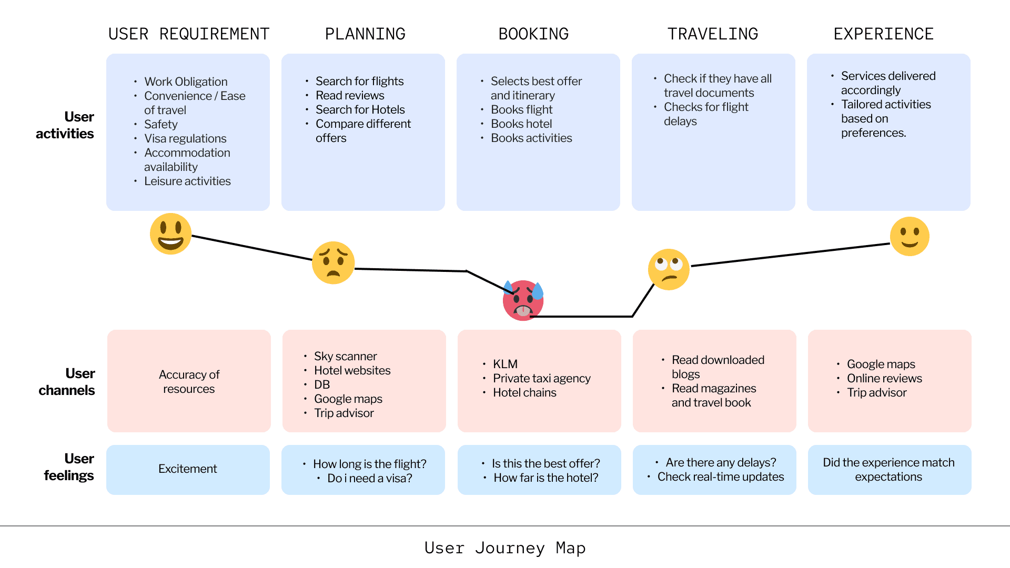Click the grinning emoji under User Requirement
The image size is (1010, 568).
(170, 234)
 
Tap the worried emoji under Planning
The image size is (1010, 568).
(333, 262)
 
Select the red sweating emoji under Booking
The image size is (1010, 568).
(523, 300)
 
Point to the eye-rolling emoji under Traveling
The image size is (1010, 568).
(669, 269)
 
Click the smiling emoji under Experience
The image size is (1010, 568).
(910, 236)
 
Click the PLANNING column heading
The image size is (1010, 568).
(365, 34)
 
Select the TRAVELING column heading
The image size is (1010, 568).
(713, 34)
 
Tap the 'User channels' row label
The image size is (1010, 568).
(67, 381)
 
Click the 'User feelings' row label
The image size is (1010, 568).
(69, 466)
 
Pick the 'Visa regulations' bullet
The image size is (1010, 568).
(185, 138)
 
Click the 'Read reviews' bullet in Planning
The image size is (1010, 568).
(350, 95)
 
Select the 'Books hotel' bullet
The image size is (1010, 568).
(521, 124)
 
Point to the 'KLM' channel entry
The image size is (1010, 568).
(505, 364)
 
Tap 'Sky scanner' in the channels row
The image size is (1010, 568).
(346, 356)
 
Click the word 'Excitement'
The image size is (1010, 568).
(188, 469)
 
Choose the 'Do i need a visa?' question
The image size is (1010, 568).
(370, 478)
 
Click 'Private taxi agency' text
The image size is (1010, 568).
(542, 378)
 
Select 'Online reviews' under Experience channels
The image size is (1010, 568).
(884, 378)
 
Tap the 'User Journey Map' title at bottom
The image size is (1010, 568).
(505, 548)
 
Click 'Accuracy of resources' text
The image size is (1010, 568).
(189, 381)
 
